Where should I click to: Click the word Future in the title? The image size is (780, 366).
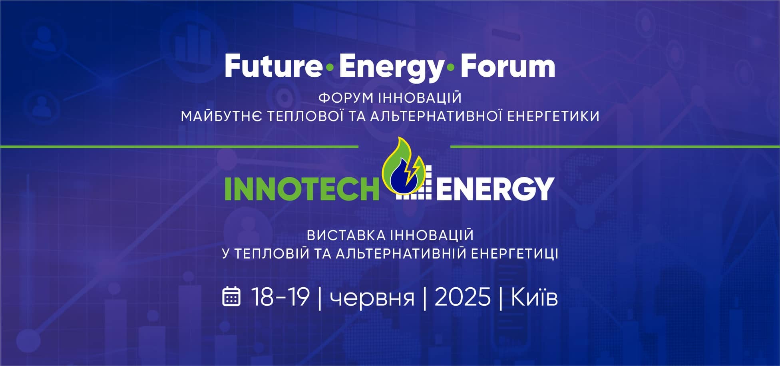point(271,67)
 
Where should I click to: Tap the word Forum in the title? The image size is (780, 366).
point(508,67)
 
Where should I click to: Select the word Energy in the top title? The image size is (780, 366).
point(389,69)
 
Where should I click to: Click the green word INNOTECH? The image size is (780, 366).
point(302,188)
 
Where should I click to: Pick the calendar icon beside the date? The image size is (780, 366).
point(231,296)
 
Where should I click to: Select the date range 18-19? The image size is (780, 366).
point(281,297)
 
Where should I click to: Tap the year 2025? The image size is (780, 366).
point(462,297)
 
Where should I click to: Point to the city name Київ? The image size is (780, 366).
point(534,297)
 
